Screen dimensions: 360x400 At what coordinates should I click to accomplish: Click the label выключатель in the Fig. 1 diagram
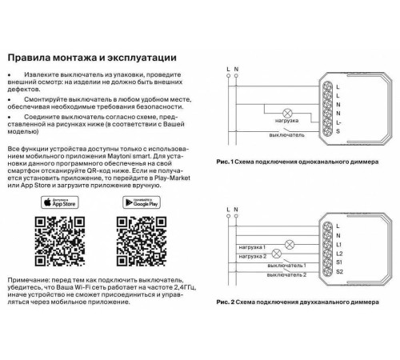pyautogui.click(x=285, y=137)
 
